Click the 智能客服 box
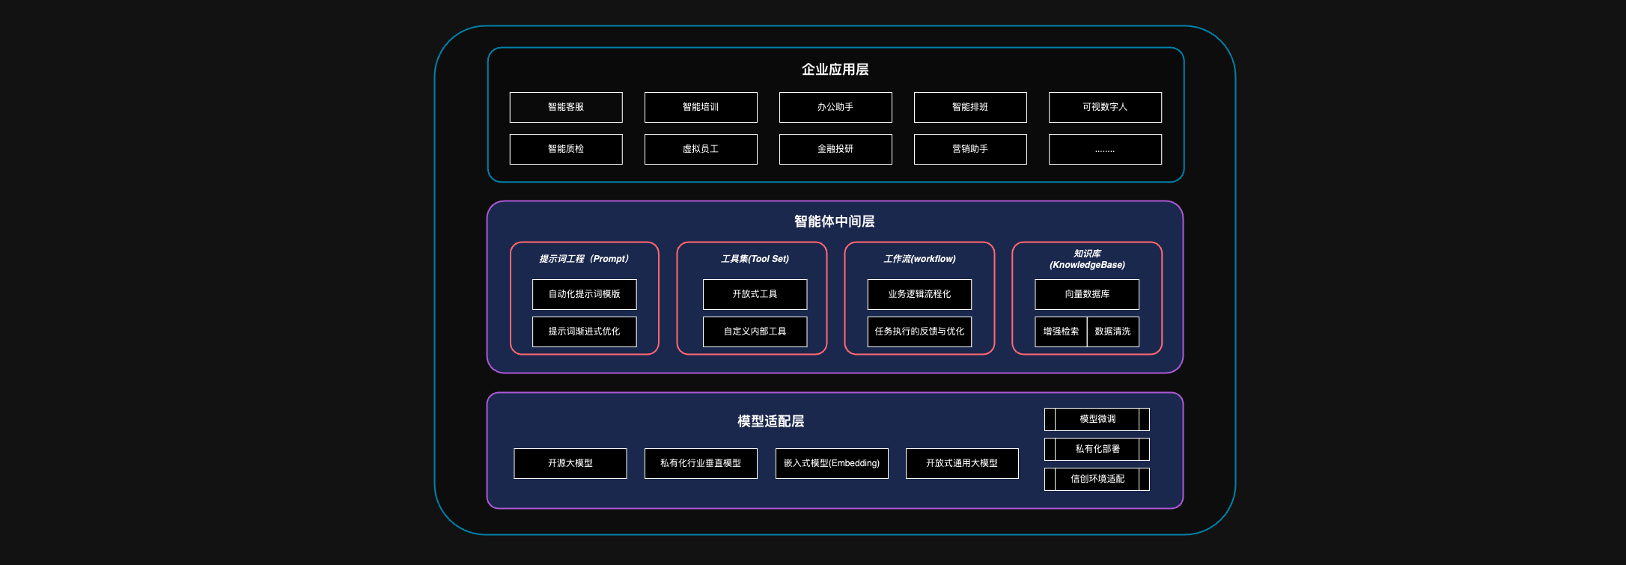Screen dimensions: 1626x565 pyautogui.click(x=566, y=107)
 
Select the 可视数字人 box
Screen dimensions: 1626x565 pyautogui.click(x=1105, y=107)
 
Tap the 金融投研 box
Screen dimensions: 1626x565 pyautogui.click(x=835, y=149)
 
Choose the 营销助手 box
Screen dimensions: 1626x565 pyautogui.click(x=970, y=149)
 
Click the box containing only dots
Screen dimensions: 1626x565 pyautogui.click(x=1105, y=149)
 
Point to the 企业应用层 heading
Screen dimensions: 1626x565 pyautogui.click(x=835, y=70)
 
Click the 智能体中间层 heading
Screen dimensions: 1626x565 pyautogui.click(x=835, y=222)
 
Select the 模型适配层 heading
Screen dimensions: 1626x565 pyautogui.click(x=771, y=421)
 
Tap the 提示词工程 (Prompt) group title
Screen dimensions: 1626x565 pyautogui.click(x=585, y=259)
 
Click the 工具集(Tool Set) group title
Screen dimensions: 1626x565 pyautogui.click(x=755, y=259)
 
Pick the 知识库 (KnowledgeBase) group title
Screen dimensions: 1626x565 pyautogui.click(x=1087, y=259)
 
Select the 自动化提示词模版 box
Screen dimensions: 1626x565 pyautogui.click(x=585, y=294)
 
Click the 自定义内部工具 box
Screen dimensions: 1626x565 pyautogui.click(x=755, y=332)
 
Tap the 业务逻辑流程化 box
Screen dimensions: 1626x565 pyautogui.click(x=919, y=294)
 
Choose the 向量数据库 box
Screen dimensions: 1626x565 pyautogui.click(x=1087, y=294)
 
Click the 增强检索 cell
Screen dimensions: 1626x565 pyautogui.click(x=1061, y=332)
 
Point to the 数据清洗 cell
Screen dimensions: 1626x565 pyautogui.click(x=1113, y=332)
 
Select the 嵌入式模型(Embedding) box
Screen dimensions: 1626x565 pyautogui.click(x=832, y=463)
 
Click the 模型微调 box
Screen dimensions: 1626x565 pyautogui.click(x=1097, y=419)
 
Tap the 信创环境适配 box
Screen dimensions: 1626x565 pyautogui.click(x=1097, y=479)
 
